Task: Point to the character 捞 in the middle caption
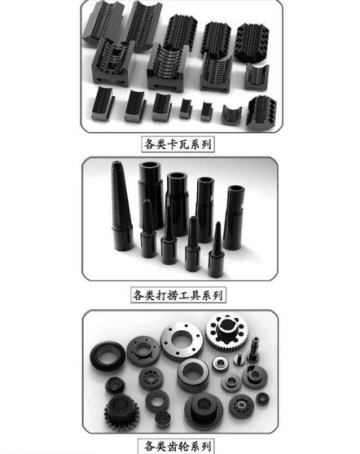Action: pos(172,295)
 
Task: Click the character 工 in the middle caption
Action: pos(184,295)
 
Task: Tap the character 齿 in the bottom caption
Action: pos(172,446)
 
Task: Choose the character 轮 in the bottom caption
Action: pos(184,446)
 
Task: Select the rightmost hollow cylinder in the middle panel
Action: pos(234,218)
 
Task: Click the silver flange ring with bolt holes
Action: pos(182,342)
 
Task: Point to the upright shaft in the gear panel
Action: pos(253,350)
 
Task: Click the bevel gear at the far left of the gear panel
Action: pos(108,356)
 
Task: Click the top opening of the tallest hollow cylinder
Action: pos(150,165)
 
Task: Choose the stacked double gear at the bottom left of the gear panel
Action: pos(121,410)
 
